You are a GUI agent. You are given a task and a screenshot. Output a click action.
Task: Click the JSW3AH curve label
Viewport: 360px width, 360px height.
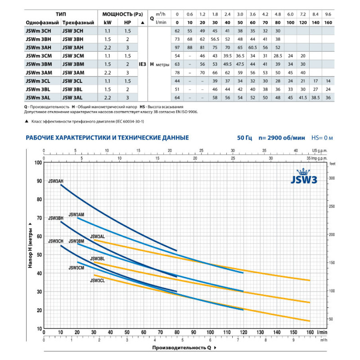point(56,181)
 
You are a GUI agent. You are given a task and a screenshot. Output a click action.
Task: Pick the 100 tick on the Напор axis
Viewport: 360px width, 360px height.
point(38,162)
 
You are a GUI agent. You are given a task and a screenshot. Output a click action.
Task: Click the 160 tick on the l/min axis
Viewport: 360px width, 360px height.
point(310,333)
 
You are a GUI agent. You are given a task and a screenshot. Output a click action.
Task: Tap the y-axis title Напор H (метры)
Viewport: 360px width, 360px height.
point(30,245)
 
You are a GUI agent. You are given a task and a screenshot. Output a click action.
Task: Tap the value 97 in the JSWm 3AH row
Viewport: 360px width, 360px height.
point(177,47)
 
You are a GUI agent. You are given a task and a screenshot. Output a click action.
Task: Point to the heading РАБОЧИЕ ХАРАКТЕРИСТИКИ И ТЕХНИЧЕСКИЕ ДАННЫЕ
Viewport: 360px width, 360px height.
point(107,137)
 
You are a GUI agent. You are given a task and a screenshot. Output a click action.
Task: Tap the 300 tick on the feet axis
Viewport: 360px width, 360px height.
point(333,179)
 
